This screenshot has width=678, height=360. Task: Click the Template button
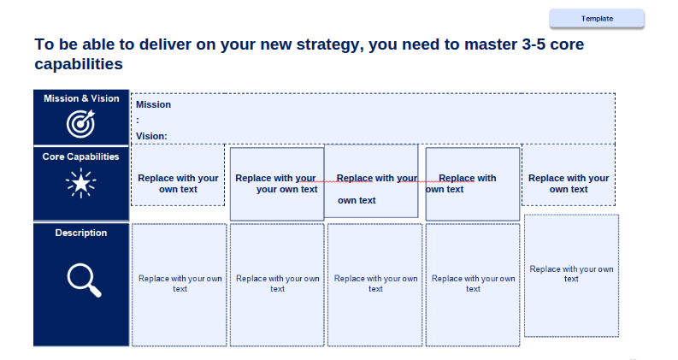[597, 19]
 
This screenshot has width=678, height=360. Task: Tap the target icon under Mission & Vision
[81, 124]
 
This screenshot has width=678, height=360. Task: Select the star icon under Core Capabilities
[81, 184]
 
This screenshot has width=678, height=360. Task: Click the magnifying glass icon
[85, 280]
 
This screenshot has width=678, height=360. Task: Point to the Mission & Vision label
[81, 98]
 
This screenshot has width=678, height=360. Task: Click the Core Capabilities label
[81, 156]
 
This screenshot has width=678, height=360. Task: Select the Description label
[81, 233]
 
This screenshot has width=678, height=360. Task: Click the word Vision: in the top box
[151, 136]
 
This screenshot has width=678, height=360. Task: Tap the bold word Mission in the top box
[154, 104]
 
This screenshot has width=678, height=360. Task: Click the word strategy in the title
[327, 44]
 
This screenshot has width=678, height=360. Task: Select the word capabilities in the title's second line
[79, 64]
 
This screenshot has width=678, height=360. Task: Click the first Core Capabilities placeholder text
[178, 184]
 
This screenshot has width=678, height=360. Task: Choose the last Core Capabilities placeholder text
[569, 184]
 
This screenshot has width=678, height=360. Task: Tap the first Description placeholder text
[180, 283]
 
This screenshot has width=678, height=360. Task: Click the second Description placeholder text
[278, 283]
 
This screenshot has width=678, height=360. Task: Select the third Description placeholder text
[375, 283]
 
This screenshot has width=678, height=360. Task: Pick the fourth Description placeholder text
[473, 283]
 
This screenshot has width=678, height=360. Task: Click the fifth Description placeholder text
[571, 274]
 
